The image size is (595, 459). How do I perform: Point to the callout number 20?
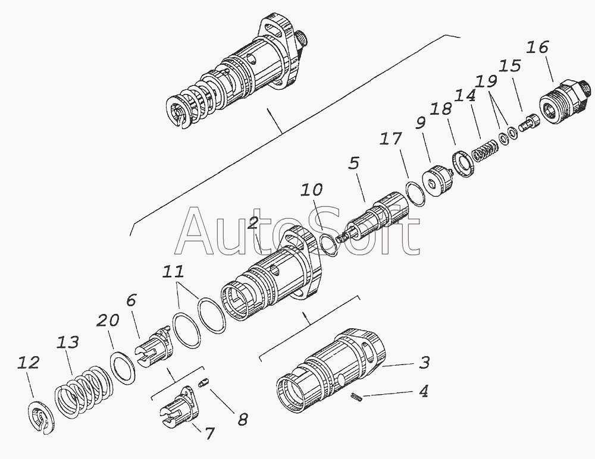click(x=109, y=321)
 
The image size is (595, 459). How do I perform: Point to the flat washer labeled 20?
click(x=124, y=367)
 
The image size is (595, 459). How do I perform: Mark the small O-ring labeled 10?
click(x=328, y=244)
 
